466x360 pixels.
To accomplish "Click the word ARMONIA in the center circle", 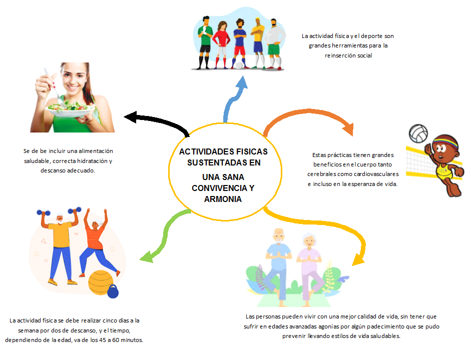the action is (x=223, y=199).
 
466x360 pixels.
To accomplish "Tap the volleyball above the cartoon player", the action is (x=418, y=133).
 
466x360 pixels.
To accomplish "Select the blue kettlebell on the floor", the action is (x=113, y=290).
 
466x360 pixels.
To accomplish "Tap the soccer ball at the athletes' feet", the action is (x=239, y=65).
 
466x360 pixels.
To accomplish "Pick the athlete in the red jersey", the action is (x=222, y=42).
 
